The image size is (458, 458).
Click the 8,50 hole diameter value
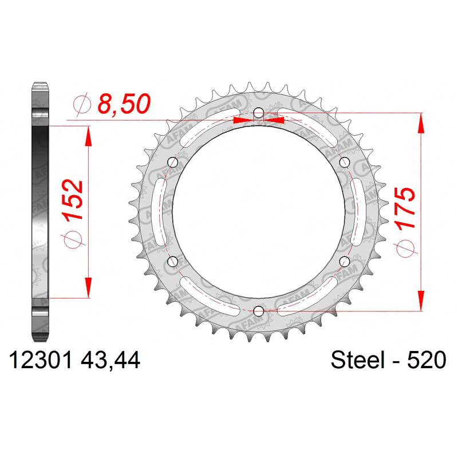pyautogui.click(x=124, y=104)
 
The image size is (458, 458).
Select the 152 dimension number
pyautogui.click(x=73, y=200)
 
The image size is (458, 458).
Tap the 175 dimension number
pyautogui.click(x=405, y=208)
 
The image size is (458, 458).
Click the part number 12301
pyautogui.click(x=41, y=360)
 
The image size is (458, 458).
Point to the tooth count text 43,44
pyautogui.click(x=110, y=361)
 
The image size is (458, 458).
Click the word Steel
pyautogui.click(x=357, y=360)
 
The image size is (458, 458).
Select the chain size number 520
pyautogui.click(x=427, y=360)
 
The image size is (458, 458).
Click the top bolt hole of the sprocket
pyautogui.click(x=259, y=113)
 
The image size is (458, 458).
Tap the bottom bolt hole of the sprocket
pyautogui.click(x=259, y=311)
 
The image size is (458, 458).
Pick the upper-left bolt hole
pyautogui.click(x=173, y=163)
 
